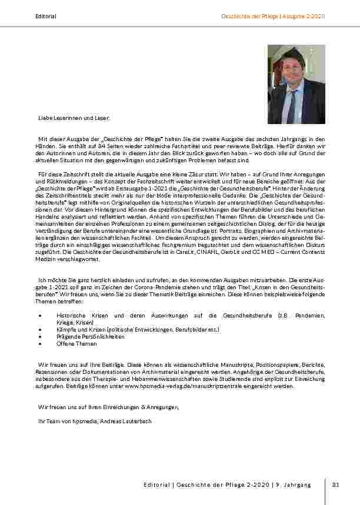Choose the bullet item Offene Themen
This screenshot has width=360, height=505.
click(x=78, y=344)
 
